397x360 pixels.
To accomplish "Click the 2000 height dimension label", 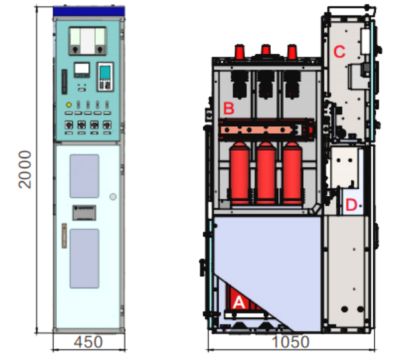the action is coord(25,169).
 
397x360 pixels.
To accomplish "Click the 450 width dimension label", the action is coord(88,342).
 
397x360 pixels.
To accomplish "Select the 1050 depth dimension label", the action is coord(291,342).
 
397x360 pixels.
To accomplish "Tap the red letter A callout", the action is coord(239,302).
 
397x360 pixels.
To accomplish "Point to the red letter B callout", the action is coord(229,108).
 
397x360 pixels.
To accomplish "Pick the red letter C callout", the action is coord(339,52).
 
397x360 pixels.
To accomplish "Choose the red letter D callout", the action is coord(351,204).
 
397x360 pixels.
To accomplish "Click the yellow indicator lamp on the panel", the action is coord(69,104).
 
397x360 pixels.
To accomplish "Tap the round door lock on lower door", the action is coord(113,197).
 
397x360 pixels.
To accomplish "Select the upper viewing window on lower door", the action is coord(84,176).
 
